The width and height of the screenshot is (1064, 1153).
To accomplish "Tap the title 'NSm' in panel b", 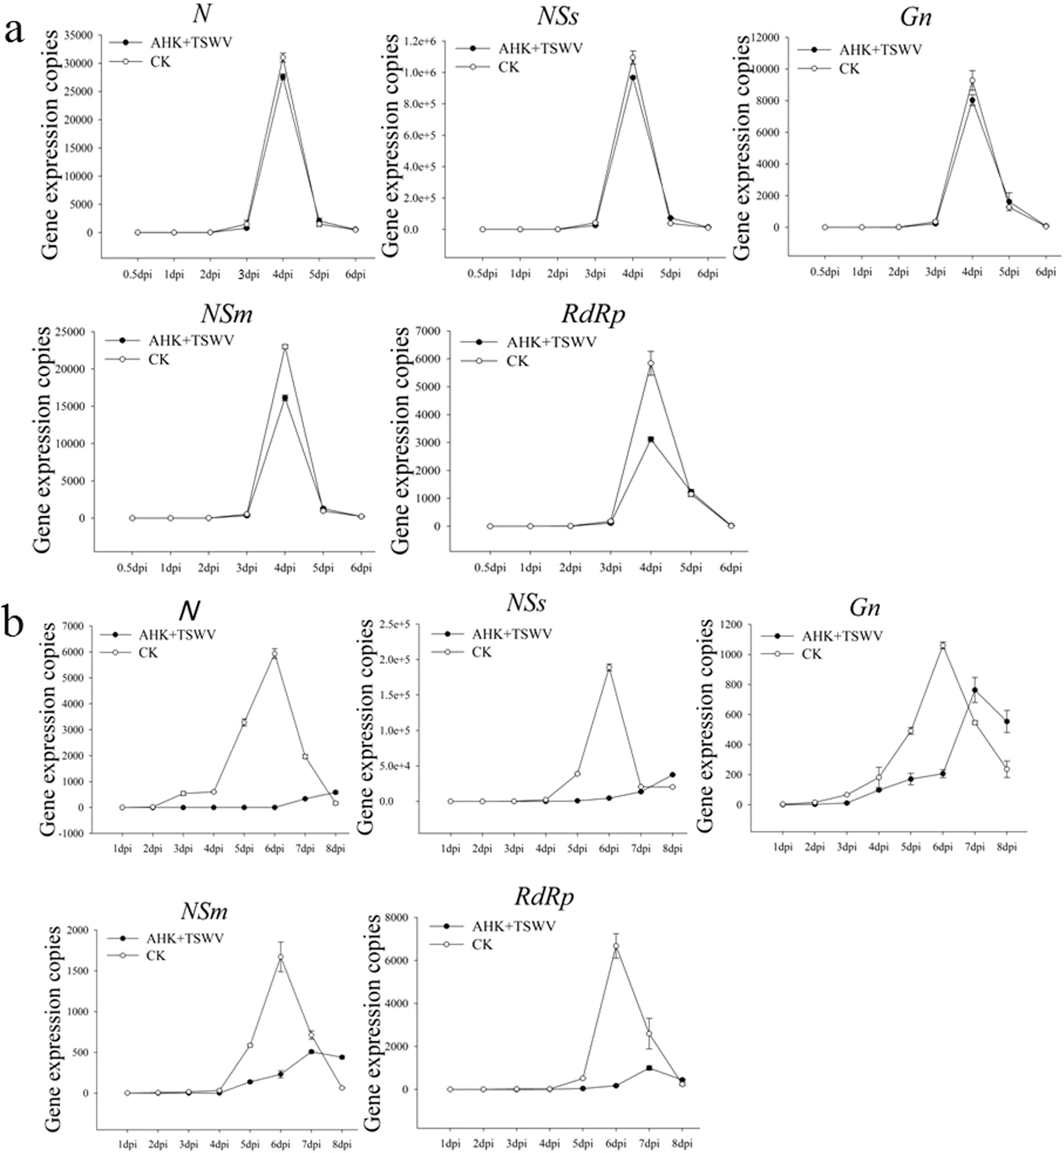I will [x=203, y=911].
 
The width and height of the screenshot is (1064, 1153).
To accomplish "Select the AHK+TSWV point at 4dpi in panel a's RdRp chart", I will [x=651, y=440].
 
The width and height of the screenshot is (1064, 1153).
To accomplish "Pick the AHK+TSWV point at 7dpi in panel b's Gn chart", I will [x=974, y=690].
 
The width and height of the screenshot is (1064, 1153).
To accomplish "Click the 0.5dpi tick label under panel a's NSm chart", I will [x=133, y=568].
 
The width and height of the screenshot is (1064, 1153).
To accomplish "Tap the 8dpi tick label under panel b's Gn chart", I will [x=1006, y=847].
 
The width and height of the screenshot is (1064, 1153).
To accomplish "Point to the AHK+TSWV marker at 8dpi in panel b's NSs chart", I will [x=672, y=775].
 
